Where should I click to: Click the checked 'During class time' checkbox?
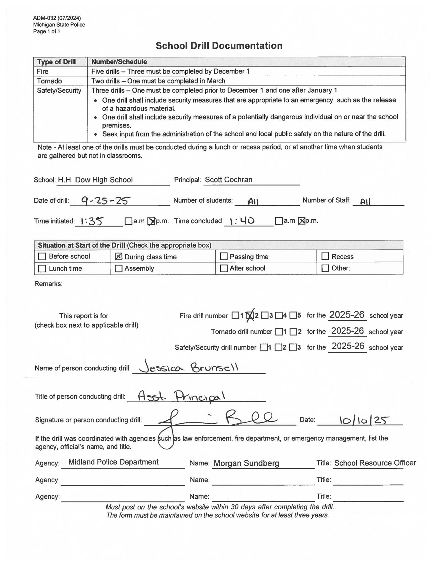[x=118, y=256]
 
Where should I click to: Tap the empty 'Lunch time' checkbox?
[x=42, y=268]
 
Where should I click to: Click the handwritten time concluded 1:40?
[x=242, y=221]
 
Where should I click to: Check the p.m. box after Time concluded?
[x=301, y=221]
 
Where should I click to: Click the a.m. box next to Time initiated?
[x=128, y=221]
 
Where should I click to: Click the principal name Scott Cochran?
[x=228, y=180]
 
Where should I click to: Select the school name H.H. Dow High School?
[x=95, y=180]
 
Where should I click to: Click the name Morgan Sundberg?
[x=246, y=463]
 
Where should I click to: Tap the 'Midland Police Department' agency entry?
[x=113, y=462]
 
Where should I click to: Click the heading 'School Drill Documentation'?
[x=219, y=45]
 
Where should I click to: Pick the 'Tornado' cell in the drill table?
[x=49, y=81]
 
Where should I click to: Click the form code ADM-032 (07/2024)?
[x=57, y=18]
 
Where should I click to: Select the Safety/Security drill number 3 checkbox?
[x=293, y=347]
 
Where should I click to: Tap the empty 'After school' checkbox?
[x=223, y=268]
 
